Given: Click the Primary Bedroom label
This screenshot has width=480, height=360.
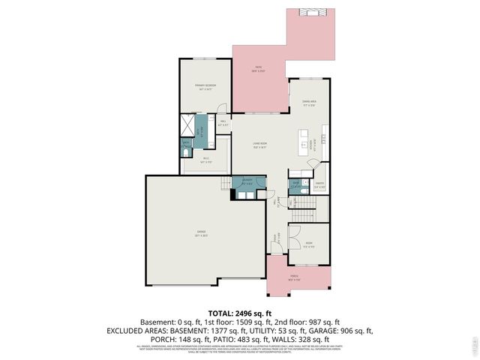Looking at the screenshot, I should tap(205, 86).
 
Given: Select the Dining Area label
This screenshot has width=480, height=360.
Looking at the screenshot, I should tap(308, 102).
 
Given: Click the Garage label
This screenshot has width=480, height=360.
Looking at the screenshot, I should tap(202, 232).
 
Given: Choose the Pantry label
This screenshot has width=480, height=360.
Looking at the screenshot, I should tap(319, 184).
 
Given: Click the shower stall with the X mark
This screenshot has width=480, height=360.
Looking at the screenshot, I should tap(187, 124).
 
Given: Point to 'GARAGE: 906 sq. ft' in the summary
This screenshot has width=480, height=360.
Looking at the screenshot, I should tap(336, 330).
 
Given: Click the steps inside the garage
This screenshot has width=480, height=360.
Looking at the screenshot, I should tap(225, 184).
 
